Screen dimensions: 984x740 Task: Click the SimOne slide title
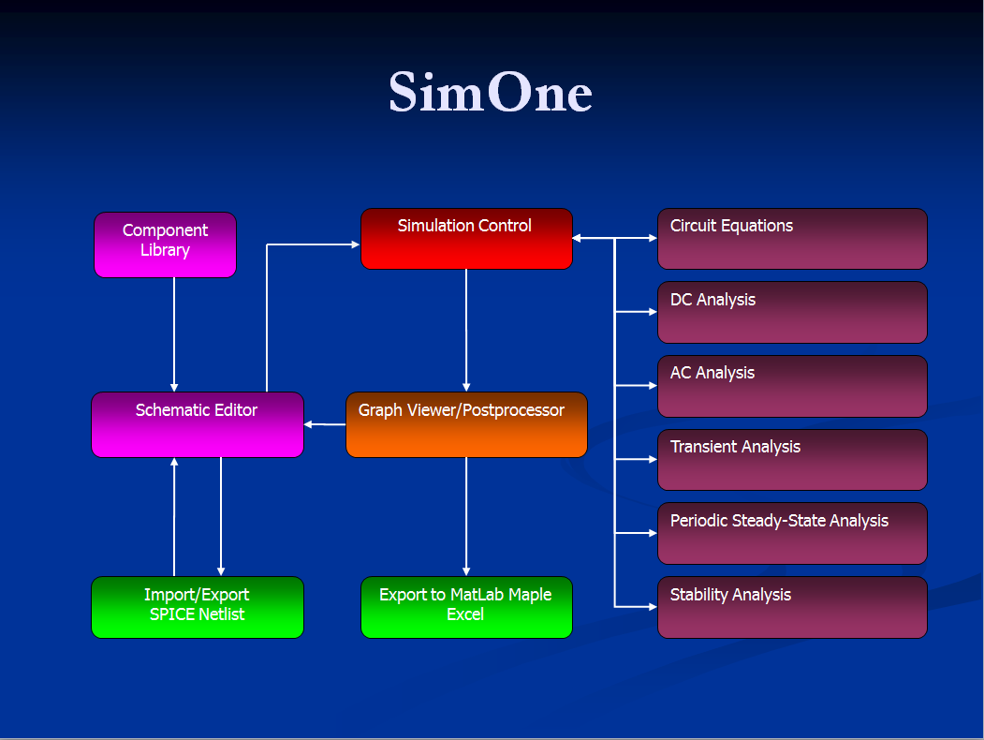click(x=490, y=92)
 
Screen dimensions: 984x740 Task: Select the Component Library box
click(x=165, y=244)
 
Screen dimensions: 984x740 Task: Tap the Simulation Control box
click(x=466, y=239)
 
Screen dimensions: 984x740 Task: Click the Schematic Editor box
click(x=198, y=425)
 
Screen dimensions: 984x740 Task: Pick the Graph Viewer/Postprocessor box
click(x=466, y=425)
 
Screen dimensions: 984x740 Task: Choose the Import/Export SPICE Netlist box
click(x=198, y=608)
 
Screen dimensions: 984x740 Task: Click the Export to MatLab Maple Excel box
click(x=466, y=608)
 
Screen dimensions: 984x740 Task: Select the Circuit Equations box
click(x=792, y=239)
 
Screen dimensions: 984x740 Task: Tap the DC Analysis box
click(x=792, y=313)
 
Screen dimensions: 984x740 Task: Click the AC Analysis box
click(x=792, y=387)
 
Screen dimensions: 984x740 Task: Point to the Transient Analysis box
click(x=792, y=460)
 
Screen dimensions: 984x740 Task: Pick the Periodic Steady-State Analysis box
click(x=792, y=534)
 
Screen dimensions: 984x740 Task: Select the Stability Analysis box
click(x=792, y=608)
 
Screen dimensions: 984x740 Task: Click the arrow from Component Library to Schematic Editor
click(x=174, y=334)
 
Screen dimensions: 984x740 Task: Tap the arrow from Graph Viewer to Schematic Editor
click(x=325, y=424)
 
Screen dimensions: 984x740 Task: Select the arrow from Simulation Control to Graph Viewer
click(x=466, y=331)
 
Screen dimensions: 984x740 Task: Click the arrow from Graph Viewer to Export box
click(x=466, y=516)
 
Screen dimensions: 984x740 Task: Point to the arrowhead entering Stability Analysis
click(x=654, y=607)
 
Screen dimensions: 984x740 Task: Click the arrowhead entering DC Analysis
click(x=654, y=311)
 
